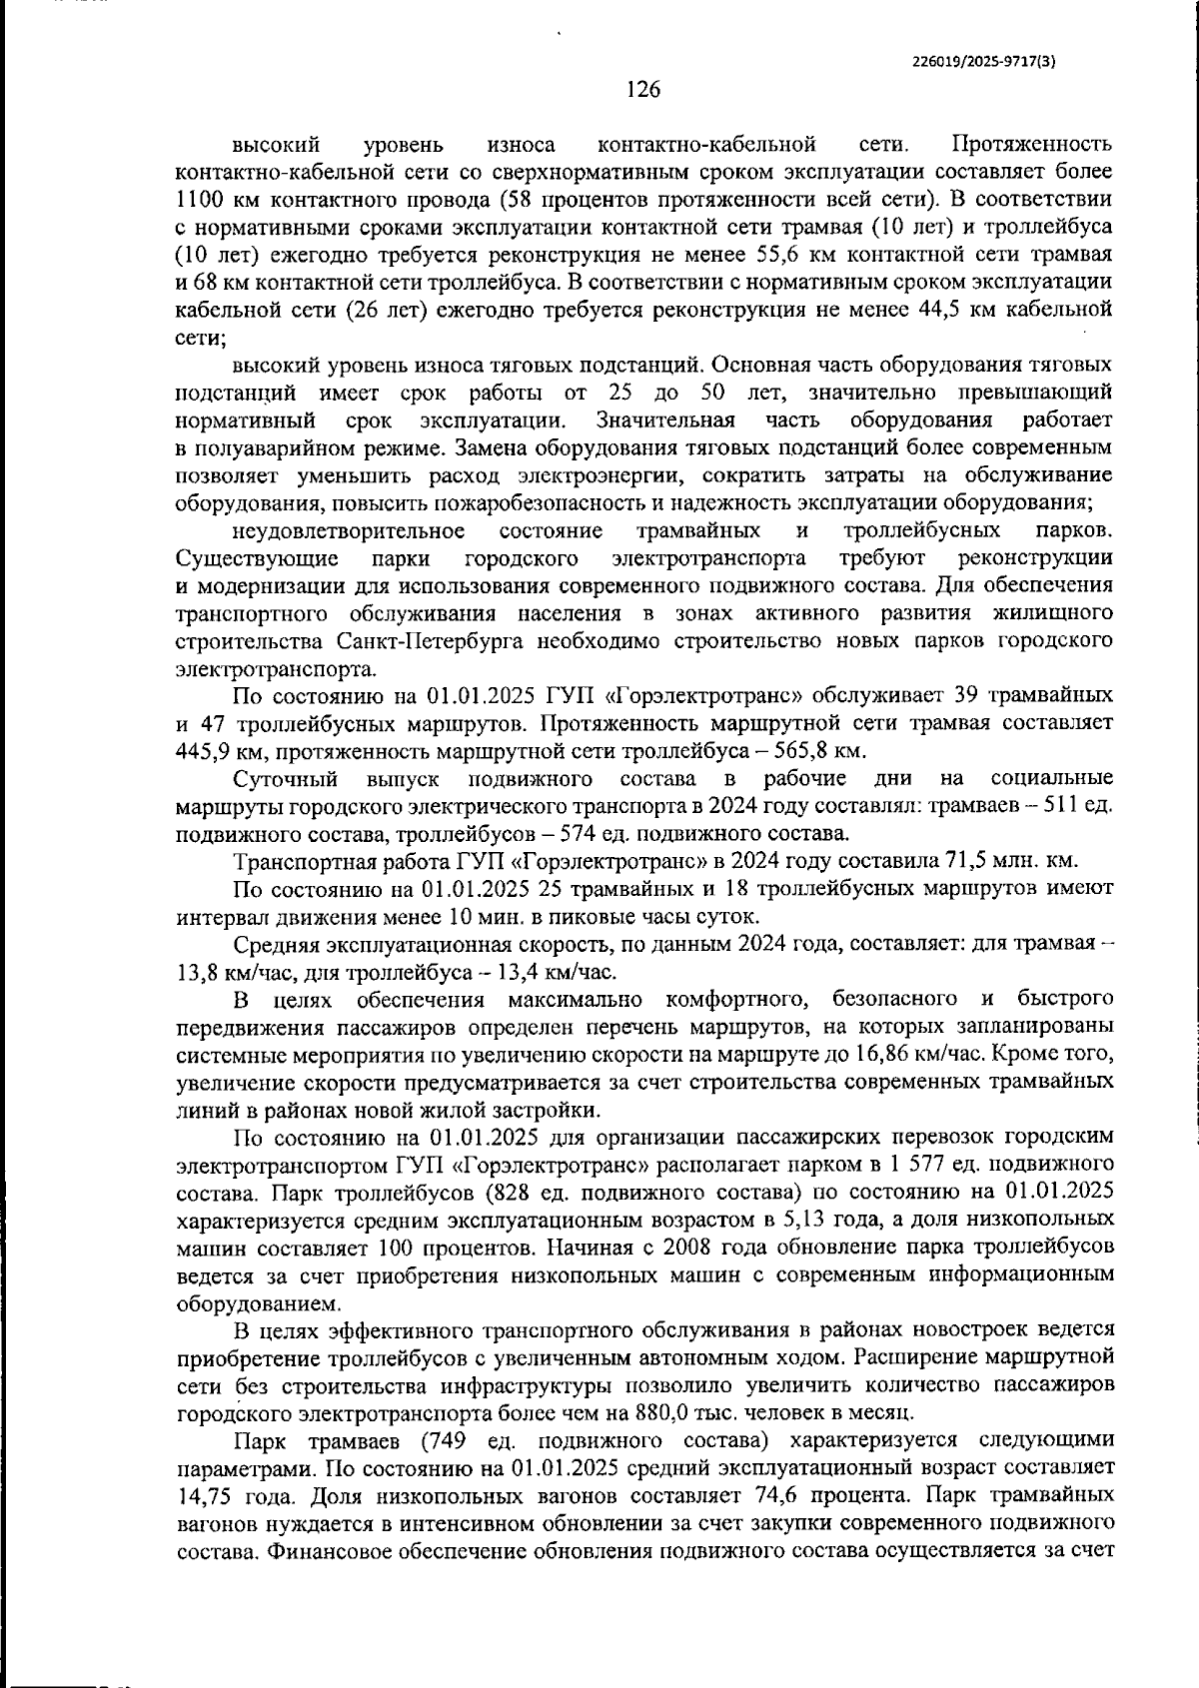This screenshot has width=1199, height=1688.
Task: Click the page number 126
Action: click(x=643, y=90)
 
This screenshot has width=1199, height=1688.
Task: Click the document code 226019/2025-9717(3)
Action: click(x=984, y=60)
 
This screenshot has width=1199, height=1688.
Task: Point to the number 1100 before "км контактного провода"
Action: click(x=201, y=199)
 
